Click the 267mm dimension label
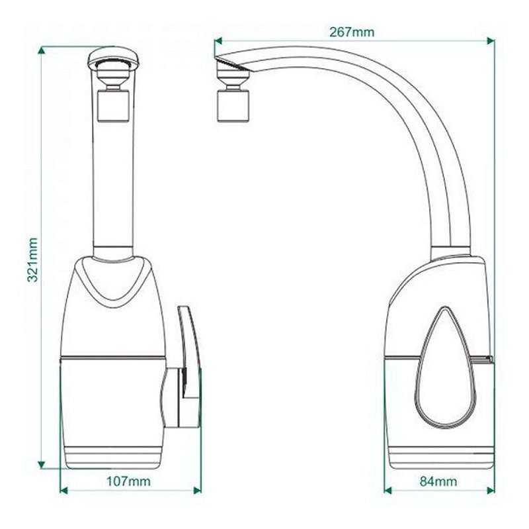click(x=352, y=32)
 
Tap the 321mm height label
click(x=32, y=260)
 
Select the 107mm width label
click(x=128, y=481)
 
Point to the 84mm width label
click(x=438, y=481)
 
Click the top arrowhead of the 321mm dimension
click(x=41, y=50)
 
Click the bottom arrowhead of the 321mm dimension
click(x=41, y=465)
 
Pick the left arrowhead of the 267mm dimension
click(x=218, y=41)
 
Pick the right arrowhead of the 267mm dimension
click(x=491, y=41)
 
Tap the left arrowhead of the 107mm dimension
click(x=63, y=490)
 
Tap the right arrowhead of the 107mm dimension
click(x=197, y=490)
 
